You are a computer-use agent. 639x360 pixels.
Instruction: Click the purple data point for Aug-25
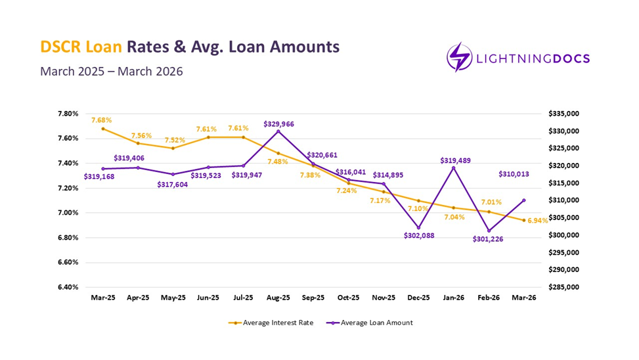coord(278,131)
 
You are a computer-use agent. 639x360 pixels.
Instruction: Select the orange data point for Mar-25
coord(103,129)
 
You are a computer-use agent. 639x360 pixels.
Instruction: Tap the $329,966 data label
coord(278,123)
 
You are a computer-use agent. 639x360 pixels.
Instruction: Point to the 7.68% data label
coord(102,120)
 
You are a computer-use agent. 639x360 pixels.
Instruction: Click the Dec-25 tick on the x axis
coord(418,298)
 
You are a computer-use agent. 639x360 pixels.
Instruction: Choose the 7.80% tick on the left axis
coord(69,114)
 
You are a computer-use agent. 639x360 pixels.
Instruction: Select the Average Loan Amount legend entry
coord(372,323)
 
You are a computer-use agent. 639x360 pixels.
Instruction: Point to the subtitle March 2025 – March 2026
coord(112,71)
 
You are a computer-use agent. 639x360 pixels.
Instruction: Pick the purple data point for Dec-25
coord(418,228)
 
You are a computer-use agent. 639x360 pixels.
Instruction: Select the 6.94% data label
coord(537,221)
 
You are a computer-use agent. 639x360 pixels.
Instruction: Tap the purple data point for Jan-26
coord(454,168)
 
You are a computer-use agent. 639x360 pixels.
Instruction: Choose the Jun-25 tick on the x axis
coord(208,298)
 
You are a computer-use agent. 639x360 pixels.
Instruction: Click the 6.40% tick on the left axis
coord(69,287)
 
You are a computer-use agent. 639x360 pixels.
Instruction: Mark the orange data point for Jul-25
coord(243,137)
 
